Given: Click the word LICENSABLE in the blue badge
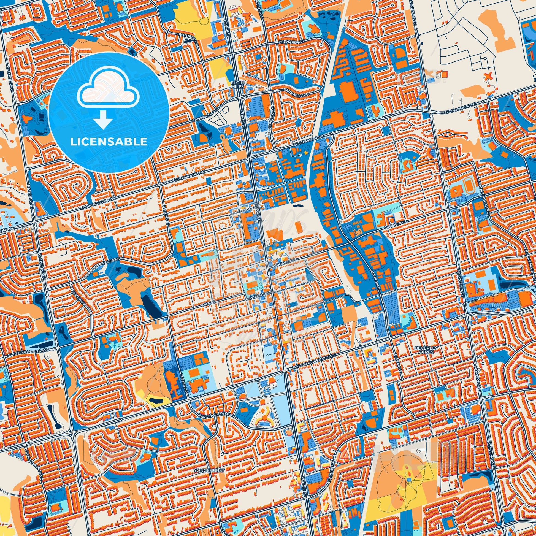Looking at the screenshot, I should click(109, 142).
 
